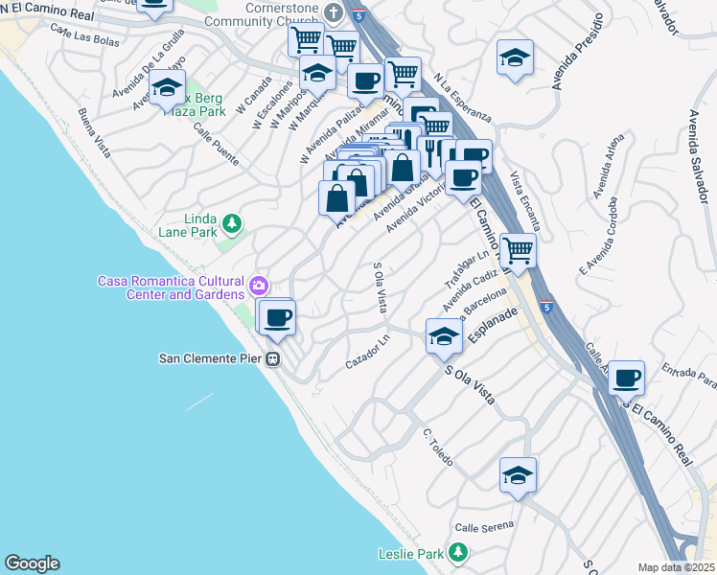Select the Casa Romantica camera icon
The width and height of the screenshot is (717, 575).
(x=258, y=286)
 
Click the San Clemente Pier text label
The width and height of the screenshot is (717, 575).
(x=210, y=359)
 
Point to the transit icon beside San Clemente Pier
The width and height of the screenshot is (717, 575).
(x=273, y=359)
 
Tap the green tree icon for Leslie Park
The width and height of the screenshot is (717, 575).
(x=458, y=553)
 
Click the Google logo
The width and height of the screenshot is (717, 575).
(x=32, y=563)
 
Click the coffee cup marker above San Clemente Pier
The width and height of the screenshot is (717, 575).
(x=278, y=317)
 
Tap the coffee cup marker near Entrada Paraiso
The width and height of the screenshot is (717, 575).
(x=626, y=378)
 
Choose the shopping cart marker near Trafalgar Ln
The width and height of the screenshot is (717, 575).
(x=518, y=252)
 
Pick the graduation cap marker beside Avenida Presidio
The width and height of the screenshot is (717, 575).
(x=515, y=57)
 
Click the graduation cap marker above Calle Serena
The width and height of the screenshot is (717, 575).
(x=518, y=474)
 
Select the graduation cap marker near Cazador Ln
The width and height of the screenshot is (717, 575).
(x=444, y=336)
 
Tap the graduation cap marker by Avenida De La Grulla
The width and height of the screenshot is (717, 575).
(x=167, y=88)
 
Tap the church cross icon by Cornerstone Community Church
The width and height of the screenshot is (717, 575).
(x=333, y=12)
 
